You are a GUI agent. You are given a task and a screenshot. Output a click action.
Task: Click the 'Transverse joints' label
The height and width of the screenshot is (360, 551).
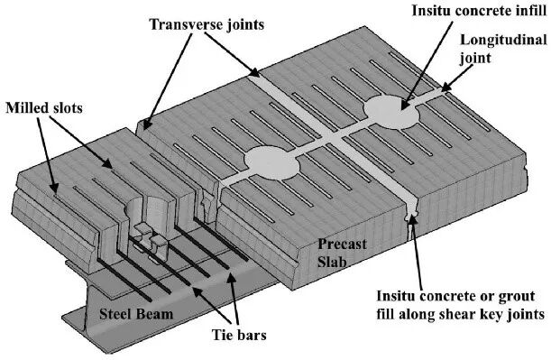tap(207, 24)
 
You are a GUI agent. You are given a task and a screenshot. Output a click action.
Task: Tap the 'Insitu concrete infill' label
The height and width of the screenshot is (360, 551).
tap(480, 11)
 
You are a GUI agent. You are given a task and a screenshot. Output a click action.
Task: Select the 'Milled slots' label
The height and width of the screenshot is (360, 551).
tap(44, 107)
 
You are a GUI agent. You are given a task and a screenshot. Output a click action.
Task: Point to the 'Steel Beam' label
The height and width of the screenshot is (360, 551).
tap(136, 314)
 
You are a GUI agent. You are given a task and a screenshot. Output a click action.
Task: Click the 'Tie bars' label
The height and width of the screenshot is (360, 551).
tap(239, 335)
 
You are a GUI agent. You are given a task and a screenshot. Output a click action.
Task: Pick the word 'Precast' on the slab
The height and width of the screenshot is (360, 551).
tap(342, 244)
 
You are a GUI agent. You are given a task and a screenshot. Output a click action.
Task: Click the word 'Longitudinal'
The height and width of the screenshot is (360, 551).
tap(503, 40)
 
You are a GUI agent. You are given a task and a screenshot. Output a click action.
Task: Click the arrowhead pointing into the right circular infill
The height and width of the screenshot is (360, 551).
tap(405, 106)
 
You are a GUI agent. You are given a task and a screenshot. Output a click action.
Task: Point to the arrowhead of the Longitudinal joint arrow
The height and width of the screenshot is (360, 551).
tap(445, 87)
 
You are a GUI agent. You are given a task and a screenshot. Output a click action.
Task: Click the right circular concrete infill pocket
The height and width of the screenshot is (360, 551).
tap(392, 112)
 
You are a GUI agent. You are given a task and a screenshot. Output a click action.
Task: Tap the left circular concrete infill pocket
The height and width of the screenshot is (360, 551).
tap(271, 163)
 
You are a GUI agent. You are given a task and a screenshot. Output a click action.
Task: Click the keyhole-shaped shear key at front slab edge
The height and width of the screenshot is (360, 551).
tap(411, 214)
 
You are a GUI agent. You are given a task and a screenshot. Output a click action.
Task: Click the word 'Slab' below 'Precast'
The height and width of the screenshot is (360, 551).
tap(332, 261)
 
